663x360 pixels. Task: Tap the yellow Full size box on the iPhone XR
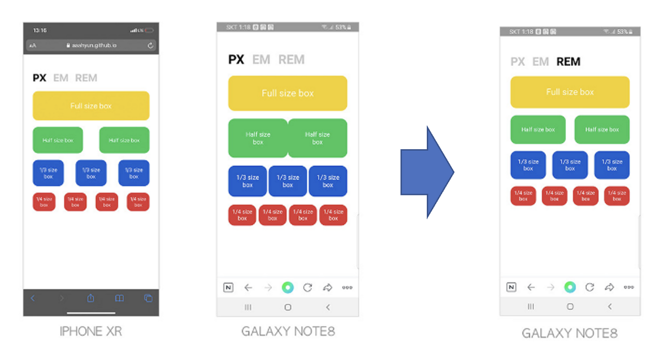click(x=91, y=106)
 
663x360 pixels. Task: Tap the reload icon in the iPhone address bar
click(x=151, y=46)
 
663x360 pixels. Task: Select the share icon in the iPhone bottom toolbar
click(x=91, y=298)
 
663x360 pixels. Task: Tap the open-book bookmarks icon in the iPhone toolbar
click(x=119, y=298)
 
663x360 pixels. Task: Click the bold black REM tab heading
click(x=568, y=62)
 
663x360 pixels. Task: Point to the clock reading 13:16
click(x=40, y=31)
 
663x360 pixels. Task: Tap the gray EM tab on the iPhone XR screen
click(x=61, y=78)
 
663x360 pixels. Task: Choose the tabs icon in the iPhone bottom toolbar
click(x=148, y=298)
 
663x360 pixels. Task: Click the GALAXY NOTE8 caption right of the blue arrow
click(x=569, y=333)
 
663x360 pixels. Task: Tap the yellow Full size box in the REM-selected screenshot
click(x=570, y=92)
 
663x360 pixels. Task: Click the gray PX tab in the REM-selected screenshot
click(x=517, y=62)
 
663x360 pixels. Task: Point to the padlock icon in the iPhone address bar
click(x=68, y=46)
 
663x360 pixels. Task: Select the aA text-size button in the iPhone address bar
click(x=33, y=46)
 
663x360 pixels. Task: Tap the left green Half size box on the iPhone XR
click(x=57, y=140)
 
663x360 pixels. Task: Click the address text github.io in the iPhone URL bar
click(x=94, y=46)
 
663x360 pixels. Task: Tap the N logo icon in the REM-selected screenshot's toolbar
click(x=511, y=287)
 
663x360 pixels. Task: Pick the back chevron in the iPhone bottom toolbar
click(x=33, y=298)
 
